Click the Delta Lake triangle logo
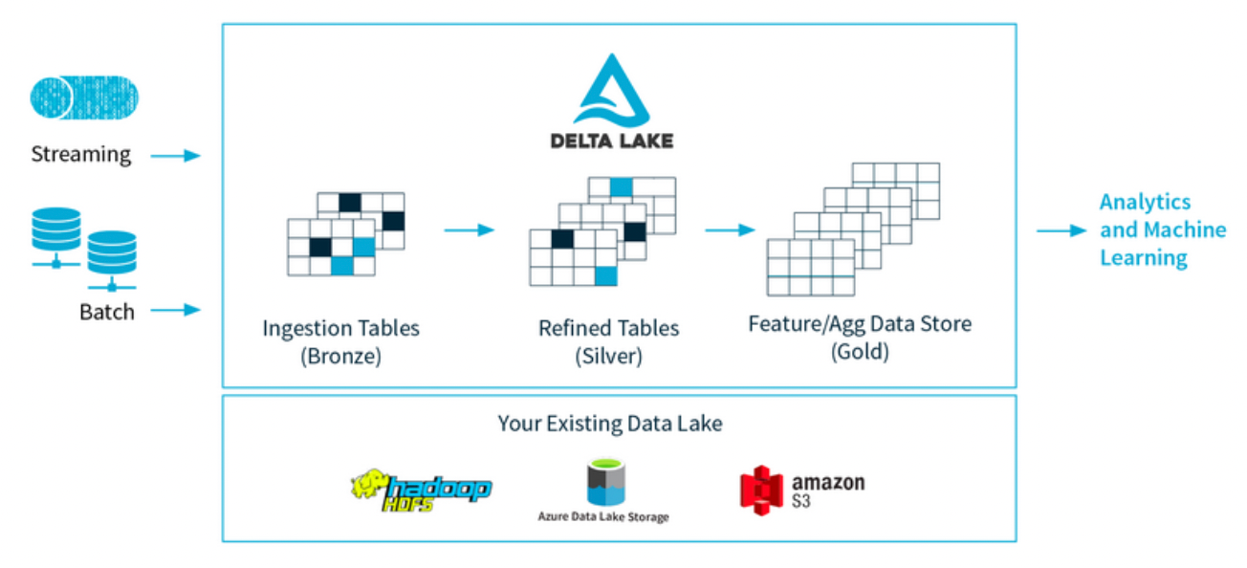coord(611,89)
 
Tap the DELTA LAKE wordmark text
coord(612,141)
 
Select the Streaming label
coord(80,154)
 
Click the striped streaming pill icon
coord(83,98)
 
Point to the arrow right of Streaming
coord(176,155)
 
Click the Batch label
coord(107,311)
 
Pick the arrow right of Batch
coord(176,310)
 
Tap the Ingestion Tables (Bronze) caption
coord(340,341)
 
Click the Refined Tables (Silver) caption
coord(608,341)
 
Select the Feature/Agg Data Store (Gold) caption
coord(860,337)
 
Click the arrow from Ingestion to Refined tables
coord(469,230)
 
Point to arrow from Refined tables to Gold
coord(730,230)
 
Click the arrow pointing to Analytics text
coord(1061,230)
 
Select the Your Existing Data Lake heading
coord(610,423)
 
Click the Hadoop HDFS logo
coord(421,489)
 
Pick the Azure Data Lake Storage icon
coord(603,483)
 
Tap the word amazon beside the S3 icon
coord(827,482)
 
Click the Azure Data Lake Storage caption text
coord(603,517)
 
